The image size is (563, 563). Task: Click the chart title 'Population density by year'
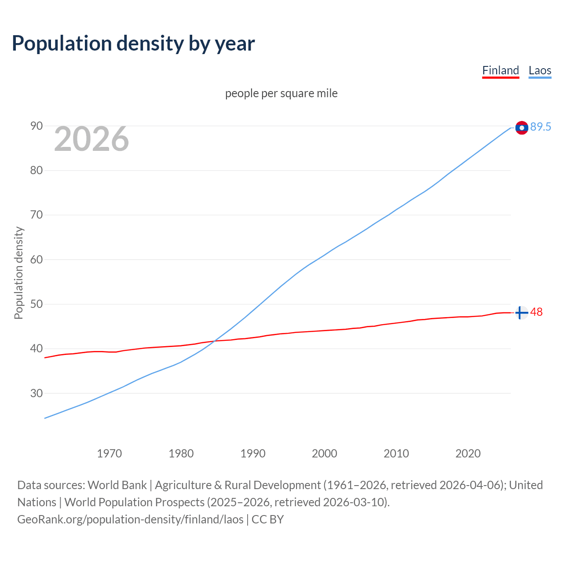pyautogui.click(x=133, y=44)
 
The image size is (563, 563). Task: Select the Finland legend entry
pyautogui.click(x=501, y=70)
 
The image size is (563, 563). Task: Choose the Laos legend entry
pyautogui.click(x=540, y=70)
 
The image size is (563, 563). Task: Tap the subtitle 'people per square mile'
pyautogui.click(x=281, y=94)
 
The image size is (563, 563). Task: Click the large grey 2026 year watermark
pyautogui.click(x=91, y=139)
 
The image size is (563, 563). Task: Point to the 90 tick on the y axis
pyautogui.click(x=37, y=126)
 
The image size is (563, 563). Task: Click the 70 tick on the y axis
pyautogui.click(x=37, y=215)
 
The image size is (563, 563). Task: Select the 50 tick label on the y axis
pyautogui.click(x=37, y=304)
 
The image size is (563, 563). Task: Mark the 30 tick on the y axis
pyautogui.click(x=37, y=393)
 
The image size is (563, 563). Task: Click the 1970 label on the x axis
pyautogui.click(x=109, y=453)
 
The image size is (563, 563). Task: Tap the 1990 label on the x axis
pyautogui.click(x=253, y=453)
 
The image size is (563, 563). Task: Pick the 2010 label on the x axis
pyautogui.click(x=396, y=453)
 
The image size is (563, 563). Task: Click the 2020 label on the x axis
pyautogui.click(x=468, y=453)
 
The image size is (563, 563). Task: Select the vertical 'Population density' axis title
pyautogui.click(x=18, y=273)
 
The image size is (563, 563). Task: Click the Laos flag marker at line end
pyautogui.click(x=522, y=128)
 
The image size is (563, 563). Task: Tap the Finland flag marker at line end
pyautogui.click(x=521, y=313)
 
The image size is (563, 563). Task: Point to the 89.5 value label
pyautogui.click(x=541, y=127)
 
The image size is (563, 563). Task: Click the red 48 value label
pyautogui.click(x=537, y=312)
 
